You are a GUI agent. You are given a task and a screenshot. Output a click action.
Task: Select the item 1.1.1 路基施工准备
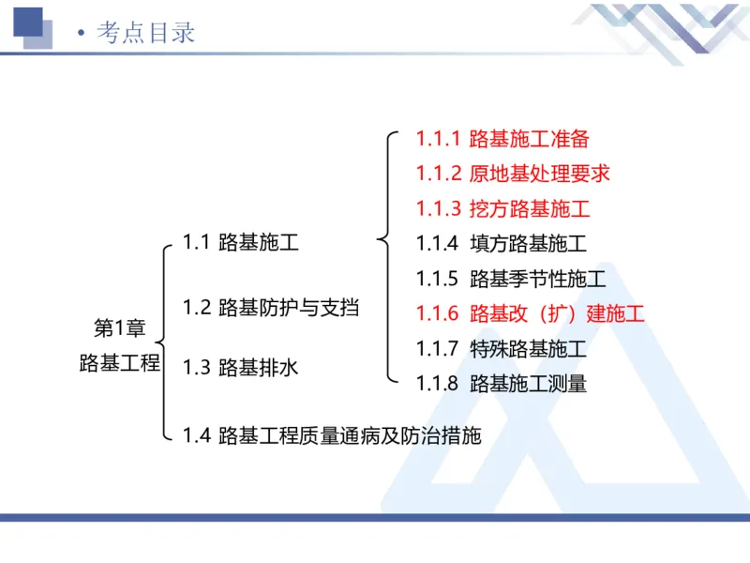point(502,139)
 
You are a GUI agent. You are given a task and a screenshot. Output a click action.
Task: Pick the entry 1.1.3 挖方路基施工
point(502,208)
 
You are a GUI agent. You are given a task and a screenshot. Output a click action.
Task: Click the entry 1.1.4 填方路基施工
point(502,244)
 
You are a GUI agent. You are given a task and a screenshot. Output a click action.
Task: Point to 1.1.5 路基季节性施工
point(511,279)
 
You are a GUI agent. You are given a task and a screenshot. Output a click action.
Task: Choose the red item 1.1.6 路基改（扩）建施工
point(531,313)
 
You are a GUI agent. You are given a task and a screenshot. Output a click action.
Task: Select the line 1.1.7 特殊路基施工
point(502,349)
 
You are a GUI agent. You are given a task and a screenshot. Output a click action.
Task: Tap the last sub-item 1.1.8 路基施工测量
point(502,384)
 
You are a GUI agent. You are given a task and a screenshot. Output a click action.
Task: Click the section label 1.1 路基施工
point(241,244)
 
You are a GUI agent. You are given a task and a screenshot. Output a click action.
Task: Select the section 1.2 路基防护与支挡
point(271,307)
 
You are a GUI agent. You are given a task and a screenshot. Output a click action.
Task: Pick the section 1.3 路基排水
point(241,367)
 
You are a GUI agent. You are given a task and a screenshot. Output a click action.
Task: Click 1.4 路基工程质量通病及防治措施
point(332,436)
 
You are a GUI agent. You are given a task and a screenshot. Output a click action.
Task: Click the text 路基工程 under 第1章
point(120,363)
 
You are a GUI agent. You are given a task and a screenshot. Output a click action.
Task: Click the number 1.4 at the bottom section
point(196,436)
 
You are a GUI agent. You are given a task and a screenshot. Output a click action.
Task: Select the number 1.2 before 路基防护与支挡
point(196,307)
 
